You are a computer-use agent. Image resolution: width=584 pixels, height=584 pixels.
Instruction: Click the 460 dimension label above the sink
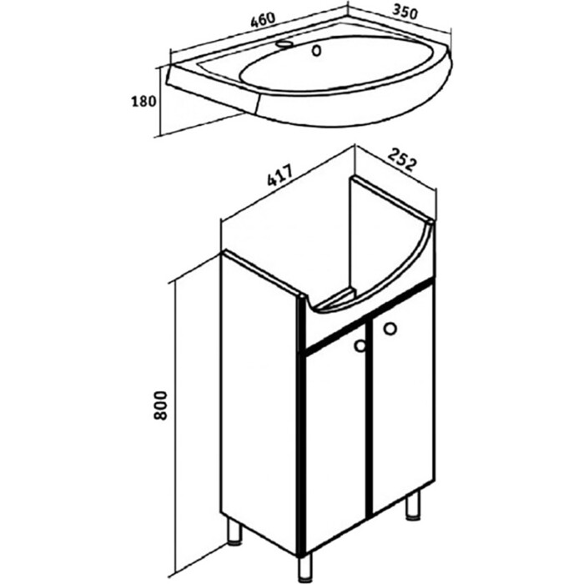[264, 20]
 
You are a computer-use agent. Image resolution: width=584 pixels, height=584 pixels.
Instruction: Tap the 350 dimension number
[405, 13]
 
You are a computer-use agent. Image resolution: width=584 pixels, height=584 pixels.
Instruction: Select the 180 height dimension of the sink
[143, 101]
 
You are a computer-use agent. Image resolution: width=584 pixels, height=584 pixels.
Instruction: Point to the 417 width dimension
[280, 174]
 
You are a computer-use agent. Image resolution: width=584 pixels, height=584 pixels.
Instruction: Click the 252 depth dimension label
[401, 159]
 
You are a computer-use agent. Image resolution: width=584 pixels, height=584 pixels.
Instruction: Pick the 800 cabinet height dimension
[160, 405]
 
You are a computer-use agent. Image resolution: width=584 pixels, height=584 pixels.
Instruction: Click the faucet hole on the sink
[284, 44]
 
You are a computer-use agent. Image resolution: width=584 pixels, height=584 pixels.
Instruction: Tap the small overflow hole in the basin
[316, 51]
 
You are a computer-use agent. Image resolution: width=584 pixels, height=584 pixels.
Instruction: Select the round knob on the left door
[360, 346]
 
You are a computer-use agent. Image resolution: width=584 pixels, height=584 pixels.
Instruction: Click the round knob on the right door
[390, 329]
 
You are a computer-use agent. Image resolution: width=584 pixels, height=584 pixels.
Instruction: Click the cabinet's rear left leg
[234, 530]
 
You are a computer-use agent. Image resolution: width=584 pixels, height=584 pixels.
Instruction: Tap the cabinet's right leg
[413, 504]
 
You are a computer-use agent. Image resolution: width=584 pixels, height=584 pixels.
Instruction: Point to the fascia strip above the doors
[370, 315]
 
